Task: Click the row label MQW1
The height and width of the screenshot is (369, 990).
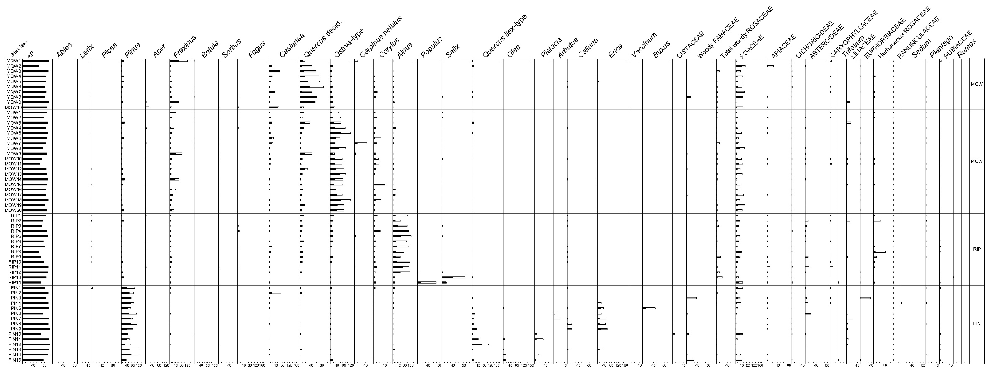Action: click(13, 61)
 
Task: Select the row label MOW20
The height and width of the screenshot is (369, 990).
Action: click(13, 210)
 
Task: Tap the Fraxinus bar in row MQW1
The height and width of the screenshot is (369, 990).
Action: click(179, 61)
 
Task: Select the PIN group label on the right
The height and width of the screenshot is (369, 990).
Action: click(977, 324)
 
